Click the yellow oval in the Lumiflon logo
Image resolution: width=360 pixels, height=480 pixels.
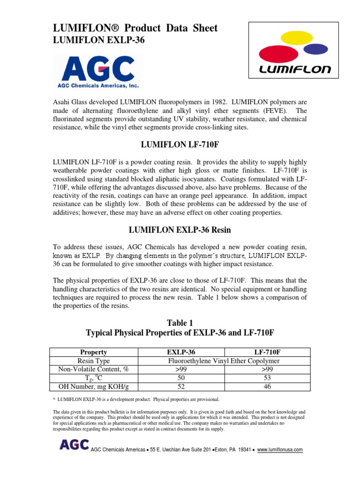click(292, 37)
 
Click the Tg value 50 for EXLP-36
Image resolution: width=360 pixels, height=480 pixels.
click(181, 378)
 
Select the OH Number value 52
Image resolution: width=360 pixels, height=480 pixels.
click(181, 386)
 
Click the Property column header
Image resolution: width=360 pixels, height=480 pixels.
click(94, 352)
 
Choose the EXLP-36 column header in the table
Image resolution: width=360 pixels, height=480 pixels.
click(181, 352)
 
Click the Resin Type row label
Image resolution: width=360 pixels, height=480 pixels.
click(94, 360)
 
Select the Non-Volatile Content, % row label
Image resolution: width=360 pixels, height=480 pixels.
click(94, 369)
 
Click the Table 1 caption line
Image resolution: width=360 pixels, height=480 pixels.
click(180, 323)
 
